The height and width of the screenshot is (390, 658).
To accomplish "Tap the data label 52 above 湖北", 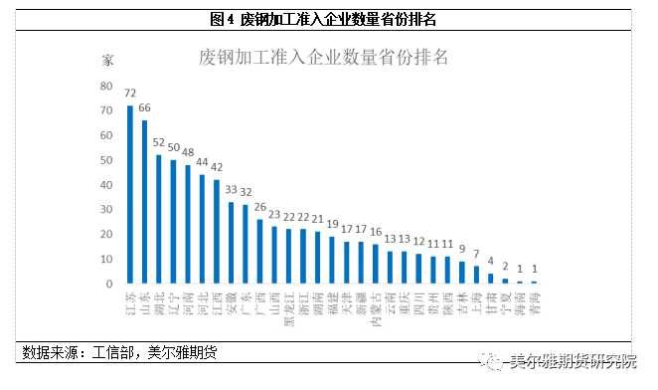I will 159,142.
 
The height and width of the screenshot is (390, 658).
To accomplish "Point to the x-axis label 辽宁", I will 173,302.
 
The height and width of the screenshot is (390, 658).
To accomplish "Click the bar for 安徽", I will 231,243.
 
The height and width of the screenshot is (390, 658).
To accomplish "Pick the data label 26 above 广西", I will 259,207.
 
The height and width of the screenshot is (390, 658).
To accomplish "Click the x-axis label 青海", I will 534,302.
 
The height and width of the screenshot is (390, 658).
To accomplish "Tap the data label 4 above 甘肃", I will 490,262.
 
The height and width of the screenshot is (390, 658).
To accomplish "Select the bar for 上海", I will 476,275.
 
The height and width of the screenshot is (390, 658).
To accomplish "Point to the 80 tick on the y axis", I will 105,85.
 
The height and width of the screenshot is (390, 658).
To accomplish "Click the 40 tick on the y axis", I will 105,184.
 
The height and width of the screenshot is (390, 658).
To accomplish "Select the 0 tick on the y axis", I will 108,284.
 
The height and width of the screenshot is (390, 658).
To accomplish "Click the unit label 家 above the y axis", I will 107,60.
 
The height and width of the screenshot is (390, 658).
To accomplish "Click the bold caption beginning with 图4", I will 324,19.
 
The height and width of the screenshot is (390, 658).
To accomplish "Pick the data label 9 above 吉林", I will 462,250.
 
